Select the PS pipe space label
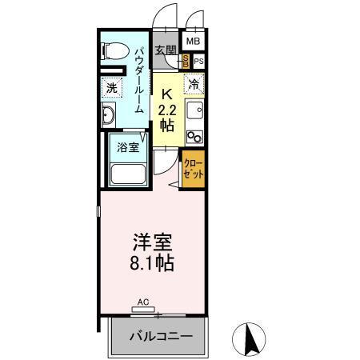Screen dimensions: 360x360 point(198,61)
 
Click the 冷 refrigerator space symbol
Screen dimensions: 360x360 point(194,82)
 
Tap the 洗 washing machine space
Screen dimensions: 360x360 point(111,87)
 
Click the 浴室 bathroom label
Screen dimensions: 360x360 point(128,147)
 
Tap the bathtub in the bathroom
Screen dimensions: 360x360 point(126,174)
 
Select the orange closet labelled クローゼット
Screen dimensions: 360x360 point(193,169)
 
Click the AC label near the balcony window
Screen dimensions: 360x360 point(143,302)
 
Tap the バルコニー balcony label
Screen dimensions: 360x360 point(162,335)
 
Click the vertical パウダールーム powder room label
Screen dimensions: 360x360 point(139,80)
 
